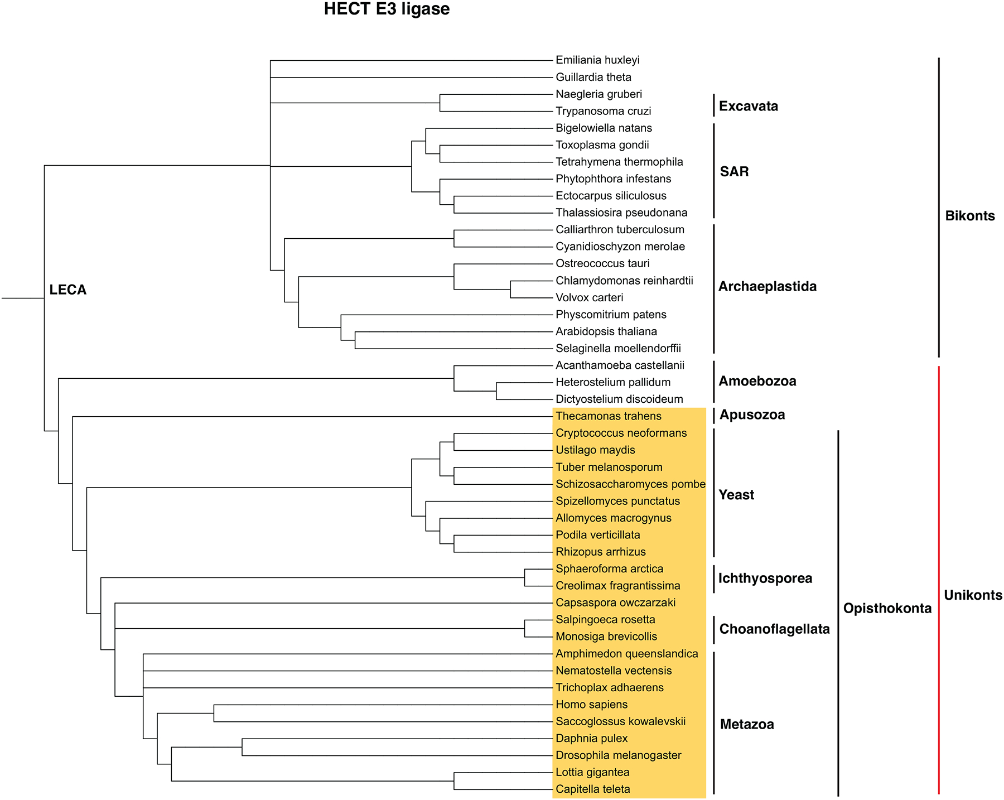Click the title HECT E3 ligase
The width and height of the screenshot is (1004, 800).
387,9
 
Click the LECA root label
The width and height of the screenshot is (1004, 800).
68,290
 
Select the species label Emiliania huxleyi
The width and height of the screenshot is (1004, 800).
597,60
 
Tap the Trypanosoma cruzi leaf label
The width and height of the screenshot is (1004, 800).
604,111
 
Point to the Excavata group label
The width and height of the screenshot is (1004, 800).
748,106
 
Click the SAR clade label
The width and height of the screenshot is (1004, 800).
734,171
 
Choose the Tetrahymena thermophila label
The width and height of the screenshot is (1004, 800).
619,162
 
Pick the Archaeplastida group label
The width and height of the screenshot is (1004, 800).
767,287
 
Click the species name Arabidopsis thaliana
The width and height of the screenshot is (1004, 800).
606,331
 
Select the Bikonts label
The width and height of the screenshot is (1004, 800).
969,216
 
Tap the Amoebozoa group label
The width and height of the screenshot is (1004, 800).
757,382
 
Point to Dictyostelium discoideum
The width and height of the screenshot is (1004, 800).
619,399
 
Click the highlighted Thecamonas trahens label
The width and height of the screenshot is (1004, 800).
609,416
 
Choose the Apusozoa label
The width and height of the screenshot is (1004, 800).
752,415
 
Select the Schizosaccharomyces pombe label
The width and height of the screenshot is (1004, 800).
630,484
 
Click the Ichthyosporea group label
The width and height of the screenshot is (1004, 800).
765,579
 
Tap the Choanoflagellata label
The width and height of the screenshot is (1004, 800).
774,629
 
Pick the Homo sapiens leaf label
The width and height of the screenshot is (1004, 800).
591,705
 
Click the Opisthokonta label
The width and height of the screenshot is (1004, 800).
887,609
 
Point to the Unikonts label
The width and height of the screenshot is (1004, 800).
973,595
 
